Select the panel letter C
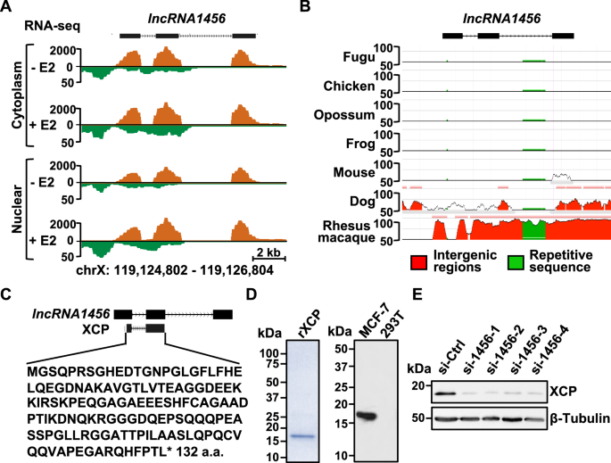[x=8, y=295]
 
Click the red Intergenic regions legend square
[x=417, y=260]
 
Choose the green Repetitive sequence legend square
[x=516, y=260]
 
